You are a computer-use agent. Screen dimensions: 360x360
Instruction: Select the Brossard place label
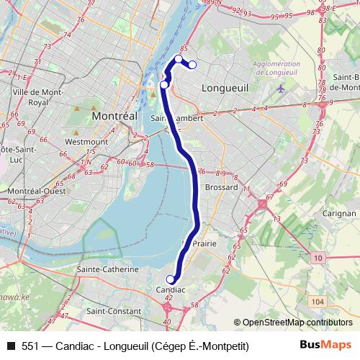tap(221, 186)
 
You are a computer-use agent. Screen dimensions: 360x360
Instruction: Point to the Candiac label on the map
tap(171, 289)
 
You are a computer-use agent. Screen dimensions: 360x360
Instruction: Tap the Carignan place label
tap(339, 214)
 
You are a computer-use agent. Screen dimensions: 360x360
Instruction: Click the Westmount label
tap(86, 142)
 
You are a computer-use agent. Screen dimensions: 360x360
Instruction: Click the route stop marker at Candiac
tap(171, 279)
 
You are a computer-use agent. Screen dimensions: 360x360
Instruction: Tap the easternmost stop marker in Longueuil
tap(193, 66)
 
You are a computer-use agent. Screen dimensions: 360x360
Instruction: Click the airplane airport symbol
tap(280, 89)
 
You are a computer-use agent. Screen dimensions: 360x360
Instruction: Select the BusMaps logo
tap(326, 346)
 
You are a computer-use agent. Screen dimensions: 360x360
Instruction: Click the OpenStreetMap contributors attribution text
tap(297, 323)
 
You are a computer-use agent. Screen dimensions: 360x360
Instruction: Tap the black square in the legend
tap(10, 346)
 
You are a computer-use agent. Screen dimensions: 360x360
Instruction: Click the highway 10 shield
tap(319, 257)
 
